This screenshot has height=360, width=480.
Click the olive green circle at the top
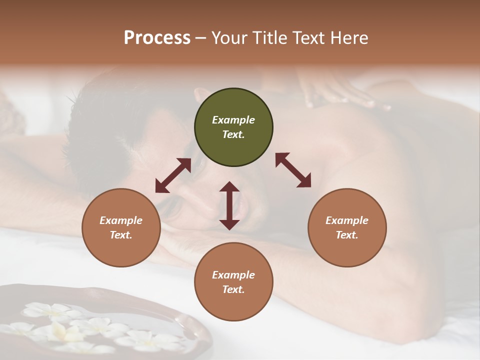click(233, 127)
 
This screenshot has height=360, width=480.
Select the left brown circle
click(121, 227)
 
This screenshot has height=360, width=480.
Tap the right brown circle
click(347, 227)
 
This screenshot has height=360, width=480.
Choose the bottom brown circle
click(233, 282)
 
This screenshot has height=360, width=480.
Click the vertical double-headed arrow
click(229, 205)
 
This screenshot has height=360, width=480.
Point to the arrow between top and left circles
click(173, 175)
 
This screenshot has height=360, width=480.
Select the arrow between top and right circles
click(293, 170)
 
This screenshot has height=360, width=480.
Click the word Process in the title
click(157, 38)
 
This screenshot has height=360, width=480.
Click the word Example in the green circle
click(233, 120)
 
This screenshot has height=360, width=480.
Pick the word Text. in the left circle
click(121, 235)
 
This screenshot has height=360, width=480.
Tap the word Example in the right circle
click(347, 220)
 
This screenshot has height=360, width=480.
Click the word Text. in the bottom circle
click(233, 289)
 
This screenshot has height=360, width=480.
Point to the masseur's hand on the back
click(340, 95)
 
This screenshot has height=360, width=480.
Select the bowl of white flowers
click(100, 325)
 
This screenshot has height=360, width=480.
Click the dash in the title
click(200, 38)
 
